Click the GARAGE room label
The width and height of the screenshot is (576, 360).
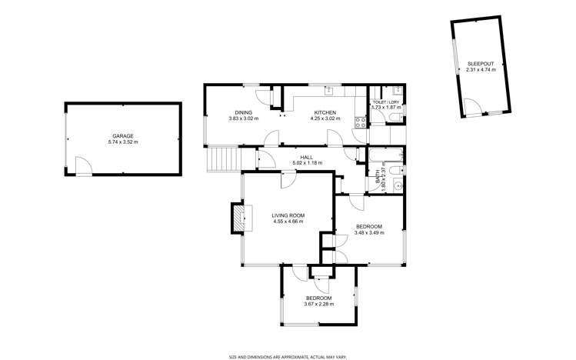coord(123,136)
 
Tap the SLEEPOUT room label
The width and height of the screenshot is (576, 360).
coord(481,64)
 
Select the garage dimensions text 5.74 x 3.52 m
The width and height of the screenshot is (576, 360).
coord(123,142)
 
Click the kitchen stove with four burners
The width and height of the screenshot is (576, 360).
coord(358,122)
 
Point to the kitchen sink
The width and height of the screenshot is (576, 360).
coord(328,91)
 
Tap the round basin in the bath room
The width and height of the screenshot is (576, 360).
coord(396,185)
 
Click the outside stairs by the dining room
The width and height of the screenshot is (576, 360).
coord(221,160)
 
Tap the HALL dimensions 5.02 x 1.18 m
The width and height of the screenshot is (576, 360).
coord(306,162)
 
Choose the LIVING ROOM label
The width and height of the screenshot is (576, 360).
coord(288,215)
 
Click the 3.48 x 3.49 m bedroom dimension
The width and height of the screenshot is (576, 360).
coord(368,232)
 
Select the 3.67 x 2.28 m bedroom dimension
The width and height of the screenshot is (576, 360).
coord(318,304)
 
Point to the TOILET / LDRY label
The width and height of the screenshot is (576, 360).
coord(385,102)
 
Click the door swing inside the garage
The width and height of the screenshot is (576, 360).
coord(84,165)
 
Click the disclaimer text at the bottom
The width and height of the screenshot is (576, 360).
coord(288,356)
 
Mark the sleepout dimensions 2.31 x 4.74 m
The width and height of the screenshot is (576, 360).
coord(481,70)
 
